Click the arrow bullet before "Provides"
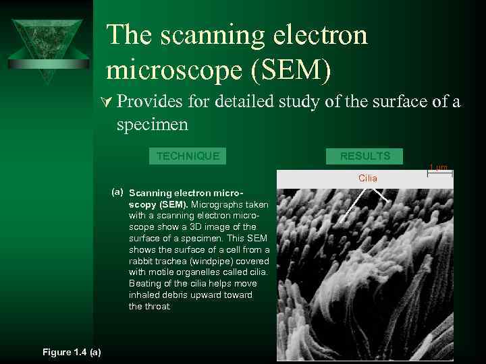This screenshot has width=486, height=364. click(110, 102)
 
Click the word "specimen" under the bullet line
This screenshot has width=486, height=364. click(152, 124)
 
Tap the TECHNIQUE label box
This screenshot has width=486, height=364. click(188, 156)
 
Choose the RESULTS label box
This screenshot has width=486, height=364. click(365, 156)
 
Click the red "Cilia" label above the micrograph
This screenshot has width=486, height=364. click(368, 178)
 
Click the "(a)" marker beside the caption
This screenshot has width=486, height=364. click(117, 191)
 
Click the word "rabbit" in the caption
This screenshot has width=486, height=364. click(142, 261)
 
